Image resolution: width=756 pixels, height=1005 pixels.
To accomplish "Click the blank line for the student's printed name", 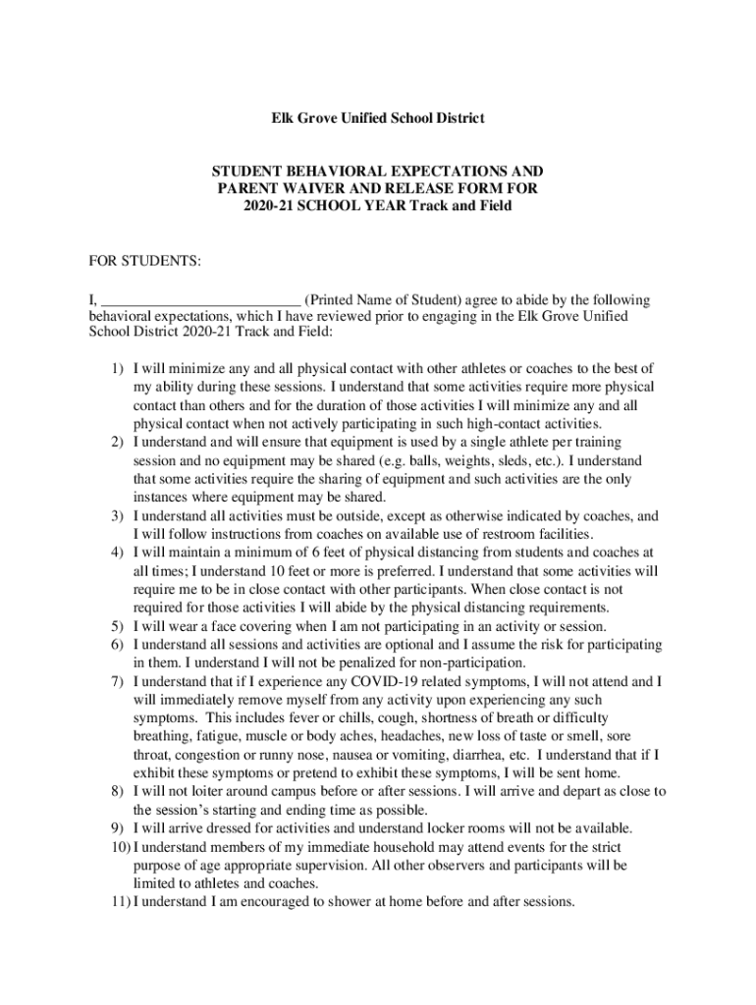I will click(200, 299).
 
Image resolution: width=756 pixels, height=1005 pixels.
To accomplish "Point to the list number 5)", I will click(116, 626).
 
